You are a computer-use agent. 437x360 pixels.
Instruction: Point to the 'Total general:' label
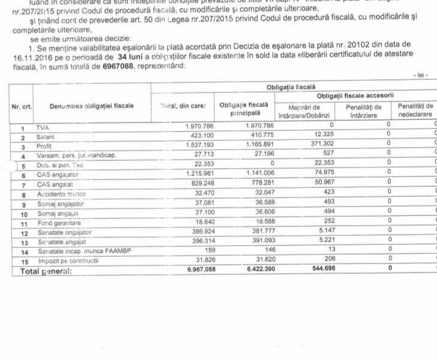click(x=46, y=271)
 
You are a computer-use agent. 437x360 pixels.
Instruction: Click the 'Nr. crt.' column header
click(x=22, y=106)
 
